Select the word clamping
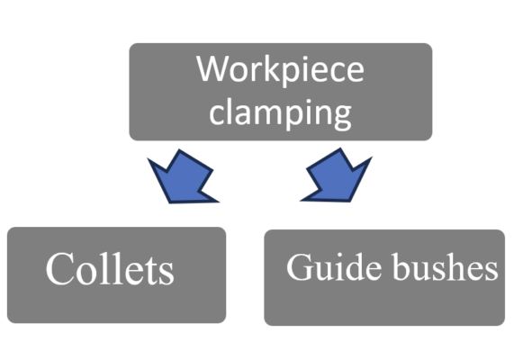pyautogui.click(x=280, y=112)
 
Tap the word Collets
pyautogui.click(x=109, y=268)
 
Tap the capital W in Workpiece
pyautogui.click(x=212, y=69)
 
